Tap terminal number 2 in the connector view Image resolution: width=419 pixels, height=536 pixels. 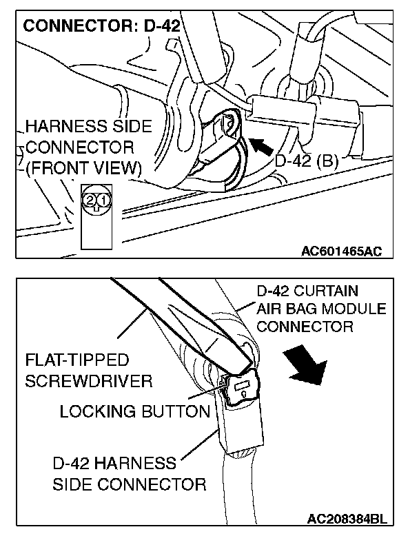[90, 200]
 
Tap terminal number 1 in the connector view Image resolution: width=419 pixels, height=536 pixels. [102, 200]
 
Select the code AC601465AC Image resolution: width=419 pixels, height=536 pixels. [340, 251]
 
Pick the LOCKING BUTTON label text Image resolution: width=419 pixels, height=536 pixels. [134, 412]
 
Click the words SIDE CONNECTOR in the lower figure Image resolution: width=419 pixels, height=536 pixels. [129, 484]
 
